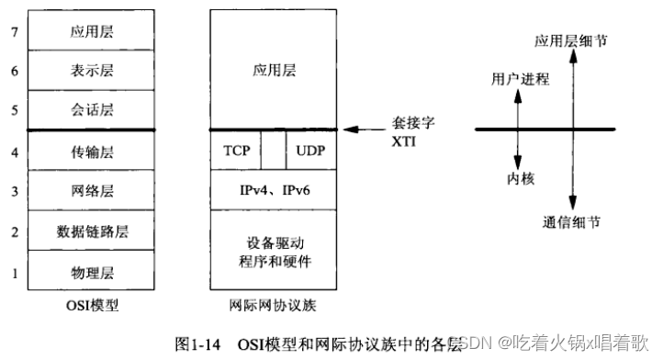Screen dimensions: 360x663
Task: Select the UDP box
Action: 310,151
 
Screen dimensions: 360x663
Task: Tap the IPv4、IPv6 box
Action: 274,190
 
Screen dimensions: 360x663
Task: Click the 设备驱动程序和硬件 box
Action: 274,251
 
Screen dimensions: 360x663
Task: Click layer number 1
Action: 14,272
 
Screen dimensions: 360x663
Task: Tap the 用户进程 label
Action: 521,79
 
